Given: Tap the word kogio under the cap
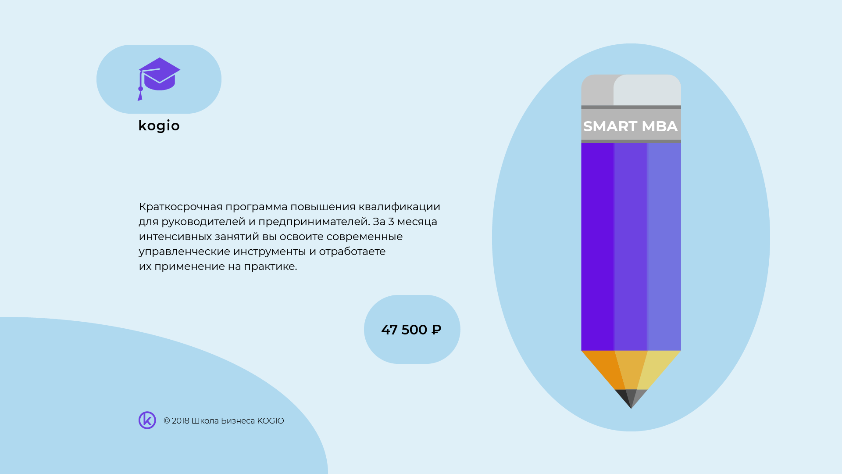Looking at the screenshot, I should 159,126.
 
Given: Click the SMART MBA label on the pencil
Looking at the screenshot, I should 630,126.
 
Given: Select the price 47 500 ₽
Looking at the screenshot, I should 411,330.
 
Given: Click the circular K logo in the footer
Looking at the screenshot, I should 147,420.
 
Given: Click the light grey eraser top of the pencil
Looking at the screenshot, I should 647,90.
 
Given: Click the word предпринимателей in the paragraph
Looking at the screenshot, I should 313,222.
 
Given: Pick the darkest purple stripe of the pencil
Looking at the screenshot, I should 597,246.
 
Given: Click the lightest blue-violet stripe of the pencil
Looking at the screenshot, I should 664,246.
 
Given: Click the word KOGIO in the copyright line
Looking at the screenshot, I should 270,421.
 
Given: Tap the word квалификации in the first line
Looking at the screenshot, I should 399,207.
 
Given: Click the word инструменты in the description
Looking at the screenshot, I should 269,251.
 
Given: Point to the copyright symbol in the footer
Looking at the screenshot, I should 167,421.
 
